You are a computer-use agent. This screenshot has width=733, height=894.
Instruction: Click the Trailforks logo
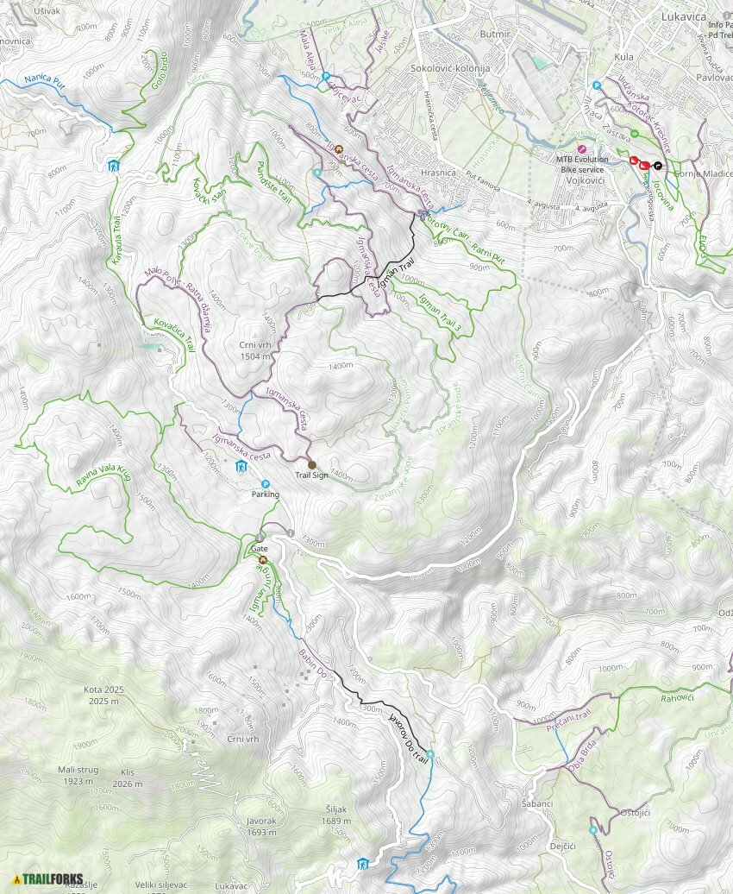pyautogui.click(x=47, y=879)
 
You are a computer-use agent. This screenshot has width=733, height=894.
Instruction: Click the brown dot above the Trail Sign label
pyautogui.click(x=312, y=464)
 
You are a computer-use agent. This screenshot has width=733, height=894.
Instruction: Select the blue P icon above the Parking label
pyautogui.click(x=265, y=484)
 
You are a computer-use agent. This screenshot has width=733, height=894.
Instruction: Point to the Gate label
pyautogui.click(x=259, y=548)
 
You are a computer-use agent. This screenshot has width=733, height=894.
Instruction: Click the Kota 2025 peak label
pyautogui.click(x=104, y=696)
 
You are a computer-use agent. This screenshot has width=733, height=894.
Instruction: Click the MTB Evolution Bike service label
pyautogui.click(x=582, y=164)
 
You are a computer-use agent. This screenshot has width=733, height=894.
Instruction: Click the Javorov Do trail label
pyautogui.click(x=409, y=736)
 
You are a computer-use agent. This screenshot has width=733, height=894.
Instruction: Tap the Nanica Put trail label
pyautogui.click(x=45, y=79)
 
